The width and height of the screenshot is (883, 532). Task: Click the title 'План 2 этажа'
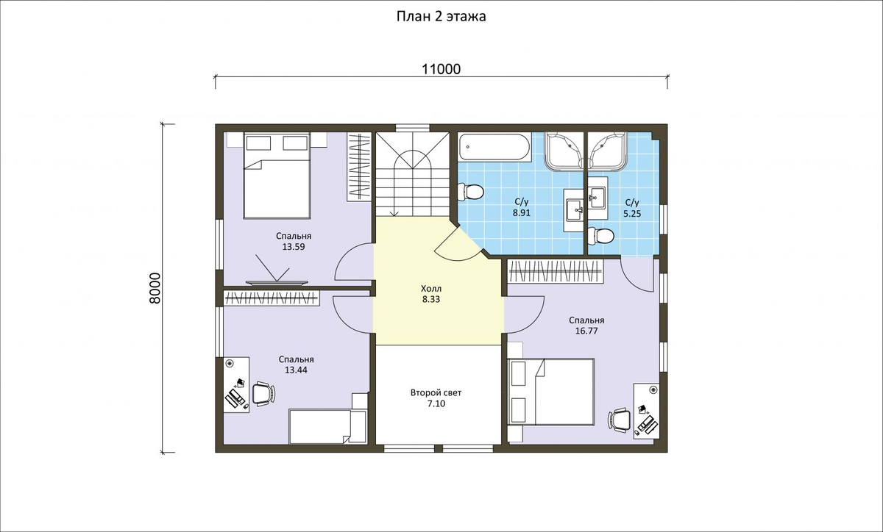pyautogui.click(x=441, y=17)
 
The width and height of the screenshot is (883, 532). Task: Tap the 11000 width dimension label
pyautogui.click(x=441, y=69)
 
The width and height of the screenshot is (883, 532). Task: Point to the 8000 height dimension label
pyautogui.click(x=156, y=288)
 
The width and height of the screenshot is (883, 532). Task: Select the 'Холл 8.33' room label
pyautogui.click(x=431, y=294)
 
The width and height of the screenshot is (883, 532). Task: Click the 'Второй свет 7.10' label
pyautogui.click(x=436, y=398)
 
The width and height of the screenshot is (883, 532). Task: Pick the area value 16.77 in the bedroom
pyautogui.click(x=586, y=331)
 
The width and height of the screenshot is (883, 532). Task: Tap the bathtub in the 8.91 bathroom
pyautogui.click(x=494, y=147)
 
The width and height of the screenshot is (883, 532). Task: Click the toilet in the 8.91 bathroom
pyautogui.click(x=471, y=192)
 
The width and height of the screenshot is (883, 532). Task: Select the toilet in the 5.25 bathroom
pyautogui.click(x=600, y=235)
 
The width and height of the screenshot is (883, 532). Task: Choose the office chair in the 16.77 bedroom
pyautogui.click(x=620, y=420)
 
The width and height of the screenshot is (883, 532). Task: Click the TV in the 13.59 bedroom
pyautogui.click(x=277, y=282)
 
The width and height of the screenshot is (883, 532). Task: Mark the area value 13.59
pyautogui.click(x=294, y=247)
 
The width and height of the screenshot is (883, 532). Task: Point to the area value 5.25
pyautogui.click(x=632, y=214)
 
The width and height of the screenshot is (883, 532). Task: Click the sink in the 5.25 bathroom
pyautogui.click(x=598, y=198)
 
